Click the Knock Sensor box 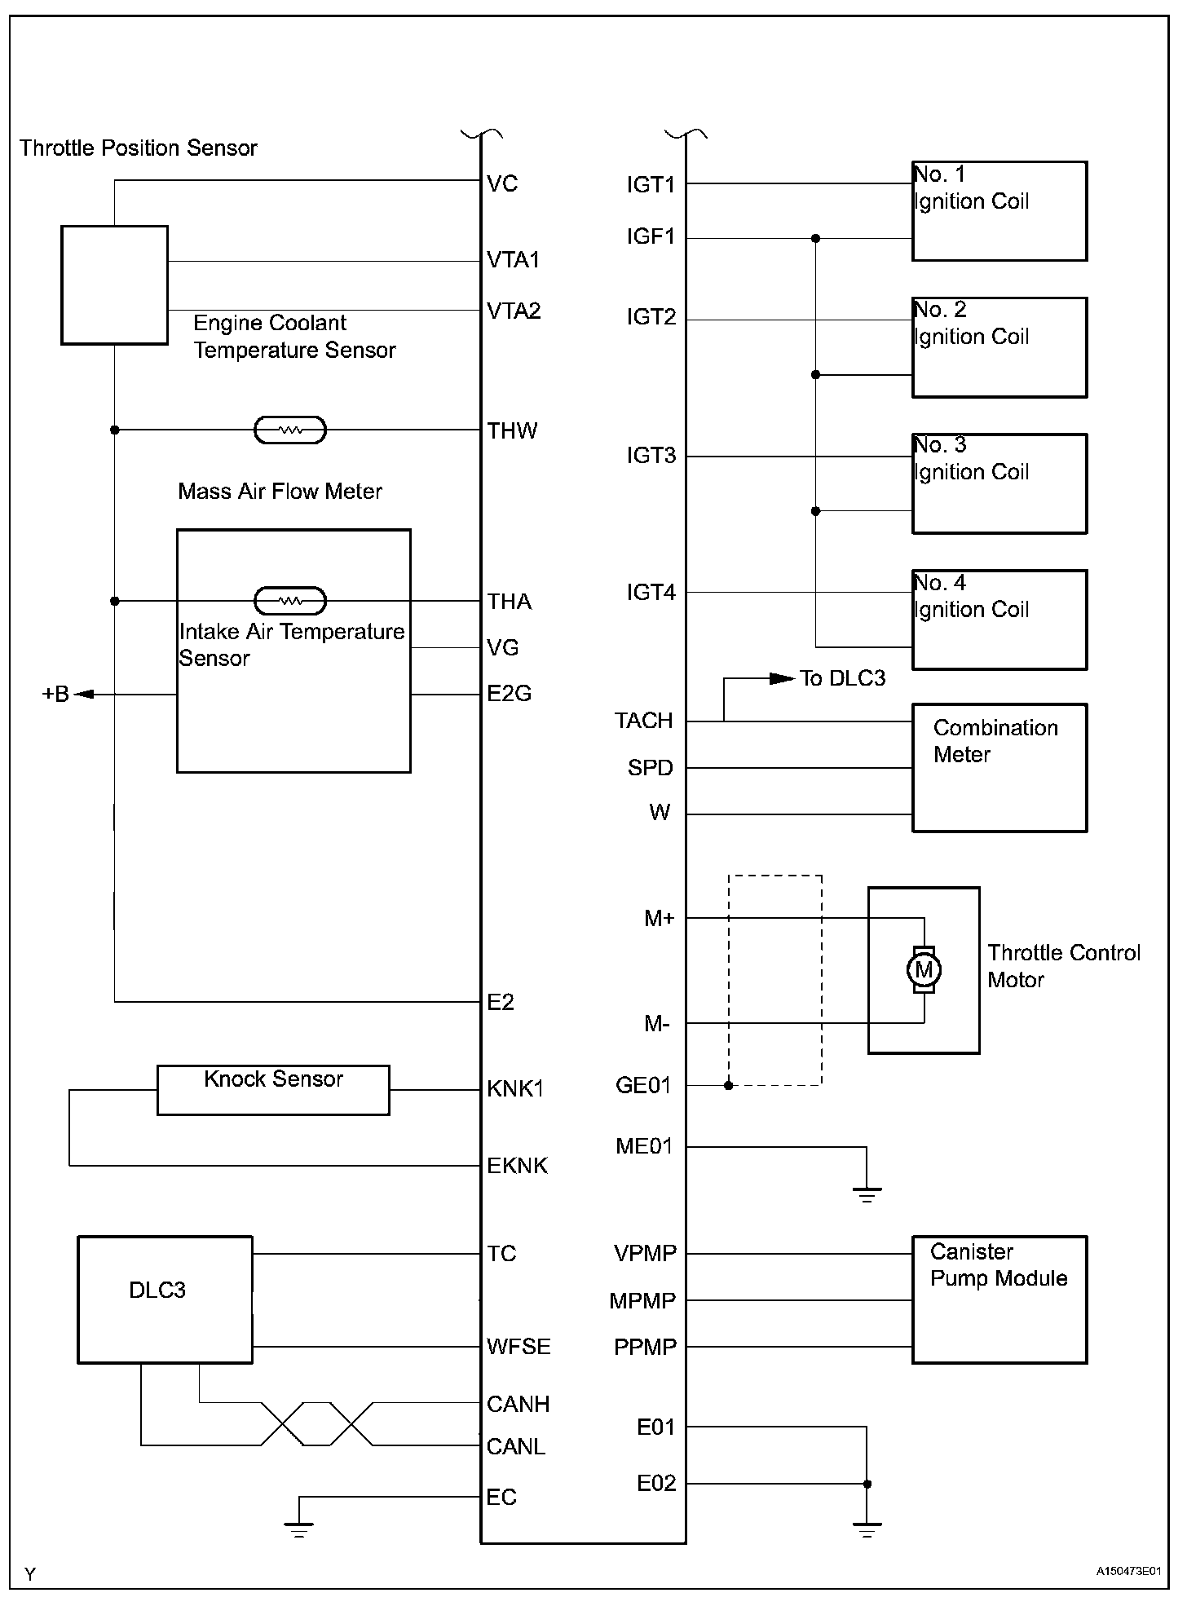tap(273, 1090)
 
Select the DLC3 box tap(165, 1299)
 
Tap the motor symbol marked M tap(924, 970)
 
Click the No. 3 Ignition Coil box tap(999, 483)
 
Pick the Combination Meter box tap(999, 767)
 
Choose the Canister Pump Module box tap(999, 1299)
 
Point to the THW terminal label tap(512, 430)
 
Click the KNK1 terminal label tap(514, 1088)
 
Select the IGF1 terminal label tap(651, 236)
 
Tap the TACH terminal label tap(644, 721)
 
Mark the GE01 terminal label tap(643, 1085)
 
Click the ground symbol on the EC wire tap(299, 1529)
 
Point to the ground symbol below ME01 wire tap(867, 1195)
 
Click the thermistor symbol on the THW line tap(290, 430)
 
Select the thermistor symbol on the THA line tap(290, 601)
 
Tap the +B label tap(55, 695)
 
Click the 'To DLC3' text tap(842, 678)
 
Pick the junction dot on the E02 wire tap(867, 1484)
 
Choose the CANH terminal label tap(518, 1404)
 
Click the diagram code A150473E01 tap(1127, 1571)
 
